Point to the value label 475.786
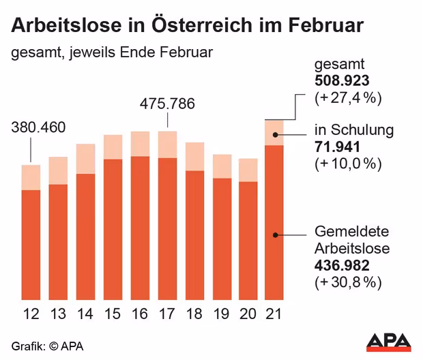167,104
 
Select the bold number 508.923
342,81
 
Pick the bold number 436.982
342,265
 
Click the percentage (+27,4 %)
347,98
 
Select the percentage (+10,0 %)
347,164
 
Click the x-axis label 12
31,314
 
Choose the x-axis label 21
274,314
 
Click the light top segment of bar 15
113,147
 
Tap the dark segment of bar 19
222,239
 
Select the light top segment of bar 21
274,133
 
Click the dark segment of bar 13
59,242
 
